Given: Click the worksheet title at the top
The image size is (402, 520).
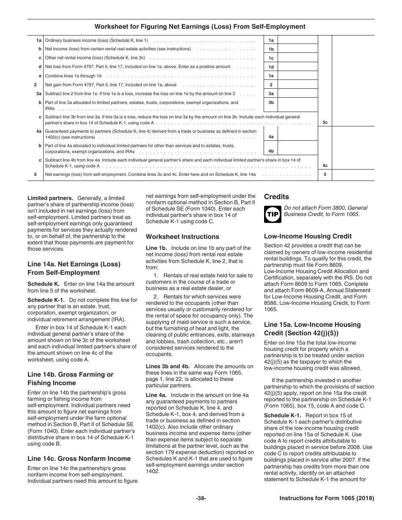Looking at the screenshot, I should tap(200, 27).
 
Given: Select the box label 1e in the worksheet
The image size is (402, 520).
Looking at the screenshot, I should tap(271, 76).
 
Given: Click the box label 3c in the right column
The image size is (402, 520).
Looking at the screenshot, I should tap(325, 123).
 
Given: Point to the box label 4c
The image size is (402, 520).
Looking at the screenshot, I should tap(325, 166).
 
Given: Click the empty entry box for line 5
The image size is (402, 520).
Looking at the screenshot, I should tap(353, 175).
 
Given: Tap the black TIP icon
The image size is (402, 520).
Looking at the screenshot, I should tap(271, 214).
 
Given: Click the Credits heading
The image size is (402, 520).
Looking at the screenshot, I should tap(276, 197).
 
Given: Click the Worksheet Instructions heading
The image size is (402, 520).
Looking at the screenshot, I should tap(182, 237).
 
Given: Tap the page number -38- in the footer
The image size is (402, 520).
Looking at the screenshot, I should tap(201, 498).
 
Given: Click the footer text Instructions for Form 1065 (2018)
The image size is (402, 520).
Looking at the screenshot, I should tap(327, 498).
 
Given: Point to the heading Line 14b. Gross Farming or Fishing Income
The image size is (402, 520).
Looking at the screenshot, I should tap(70, 379).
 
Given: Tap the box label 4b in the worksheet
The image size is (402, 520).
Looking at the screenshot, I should tap(271, 151).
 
